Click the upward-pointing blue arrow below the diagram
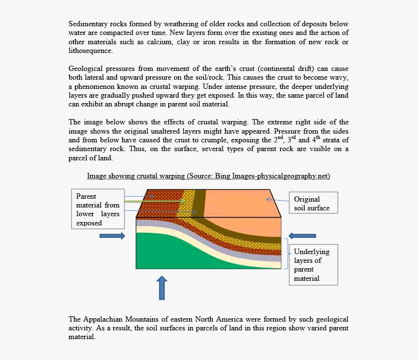coord(162,288)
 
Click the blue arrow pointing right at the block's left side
coord(112,236)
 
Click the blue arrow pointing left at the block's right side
coord(302,236)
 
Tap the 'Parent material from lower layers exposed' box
coord(98,209)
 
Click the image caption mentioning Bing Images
coord(209,176)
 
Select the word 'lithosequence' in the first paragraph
coord(90,51)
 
